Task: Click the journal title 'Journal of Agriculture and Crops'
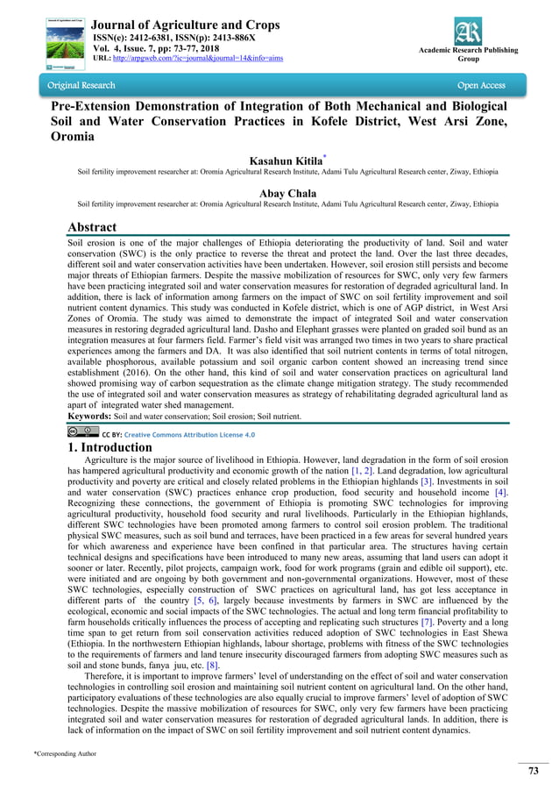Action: tap(185, 25)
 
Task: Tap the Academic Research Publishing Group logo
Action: tap(468, 29)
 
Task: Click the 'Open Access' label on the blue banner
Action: tap(481, 86)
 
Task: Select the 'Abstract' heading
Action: tap(92, 228)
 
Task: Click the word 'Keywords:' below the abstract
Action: tap(92, 417)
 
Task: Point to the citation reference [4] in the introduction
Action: tap(501, 493)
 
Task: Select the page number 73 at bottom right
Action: tap(532, 772)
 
